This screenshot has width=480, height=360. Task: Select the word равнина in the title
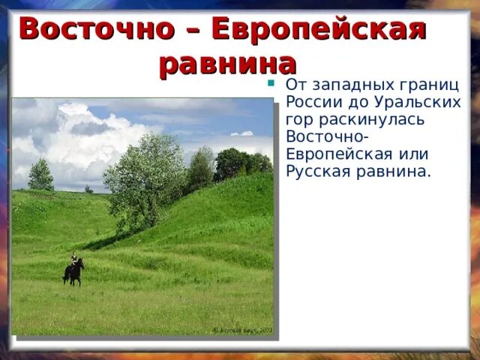pyautogui.click(x=227, y=64)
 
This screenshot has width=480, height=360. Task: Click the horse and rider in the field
pyautogui.click(x=73, y=270)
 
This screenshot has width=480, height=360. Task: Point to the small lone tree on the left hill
pyautogui.click(x=40, y=175)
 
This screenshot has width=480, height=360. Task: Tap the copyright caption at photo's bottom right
pyautogui.click(x=242, y=329)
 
